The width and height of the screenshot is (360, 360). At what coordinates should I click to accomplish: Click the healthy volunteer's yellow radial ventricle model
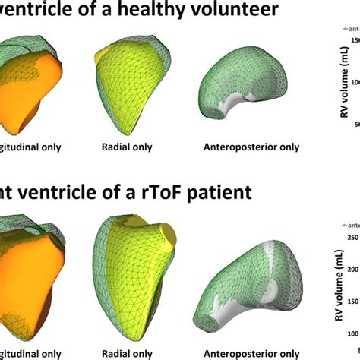(x=127, y=84)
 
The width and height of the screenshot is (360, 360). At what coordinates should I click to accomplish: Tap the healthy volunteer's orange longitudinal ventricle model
(x=30, y=87)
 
